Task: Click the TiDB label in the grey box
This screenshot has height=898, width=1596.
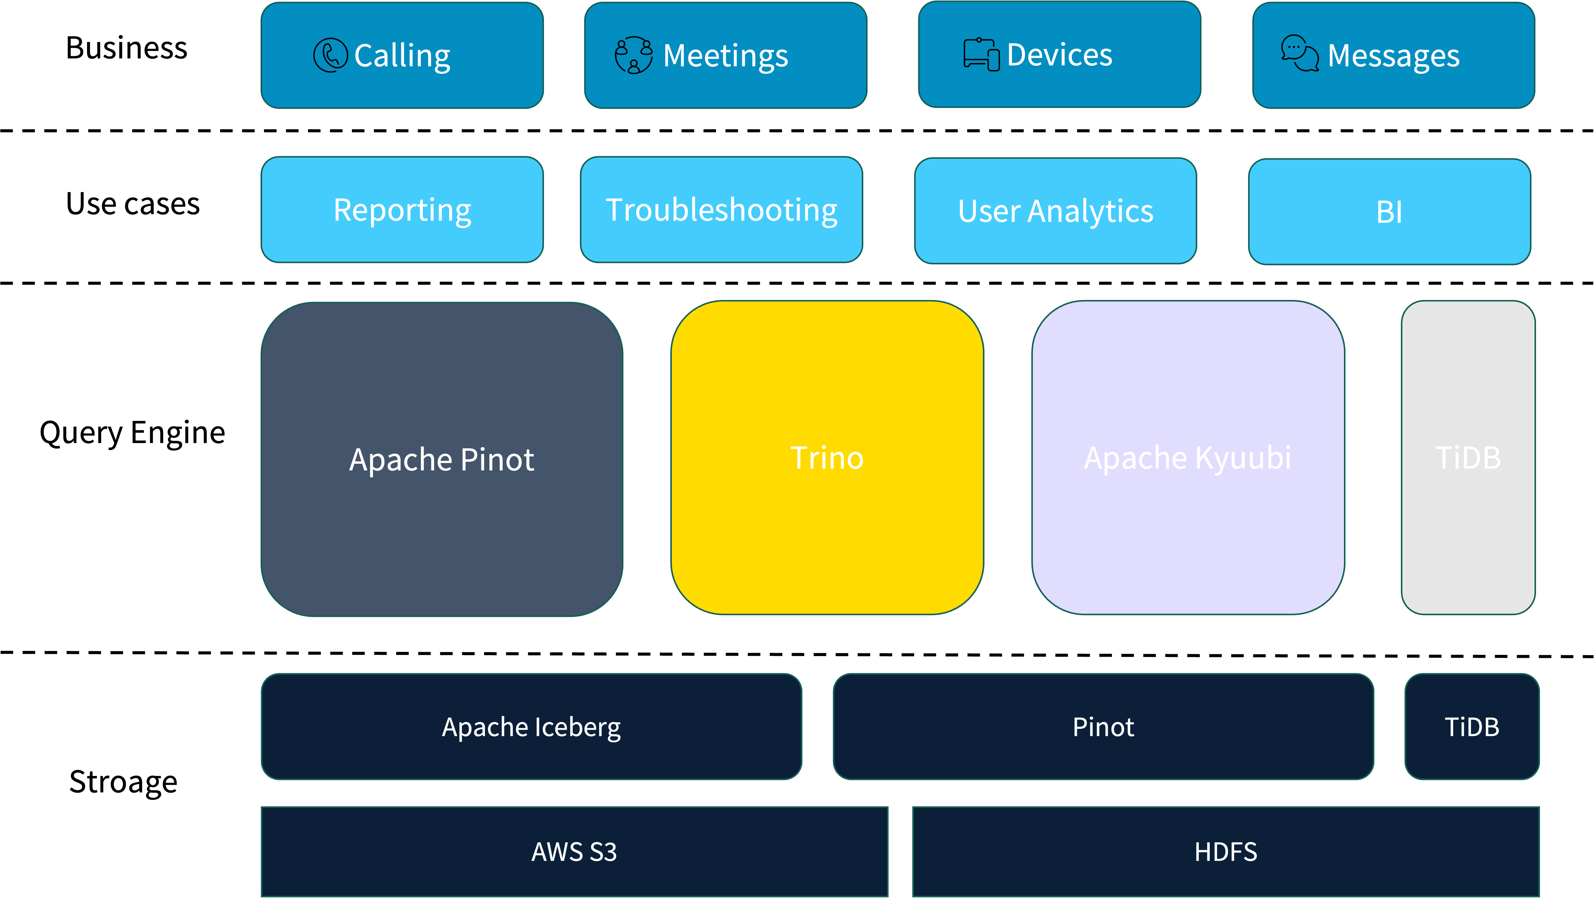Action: (x=1468, y=458)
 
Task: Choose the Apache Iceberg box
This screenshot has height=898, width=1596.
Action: (x=531, y=726)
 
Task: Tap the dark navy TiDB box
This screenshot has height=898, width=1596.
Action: (x=1471, y=726)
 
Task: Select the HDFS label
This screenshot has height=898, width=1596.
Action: (x=1226, y=851)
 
